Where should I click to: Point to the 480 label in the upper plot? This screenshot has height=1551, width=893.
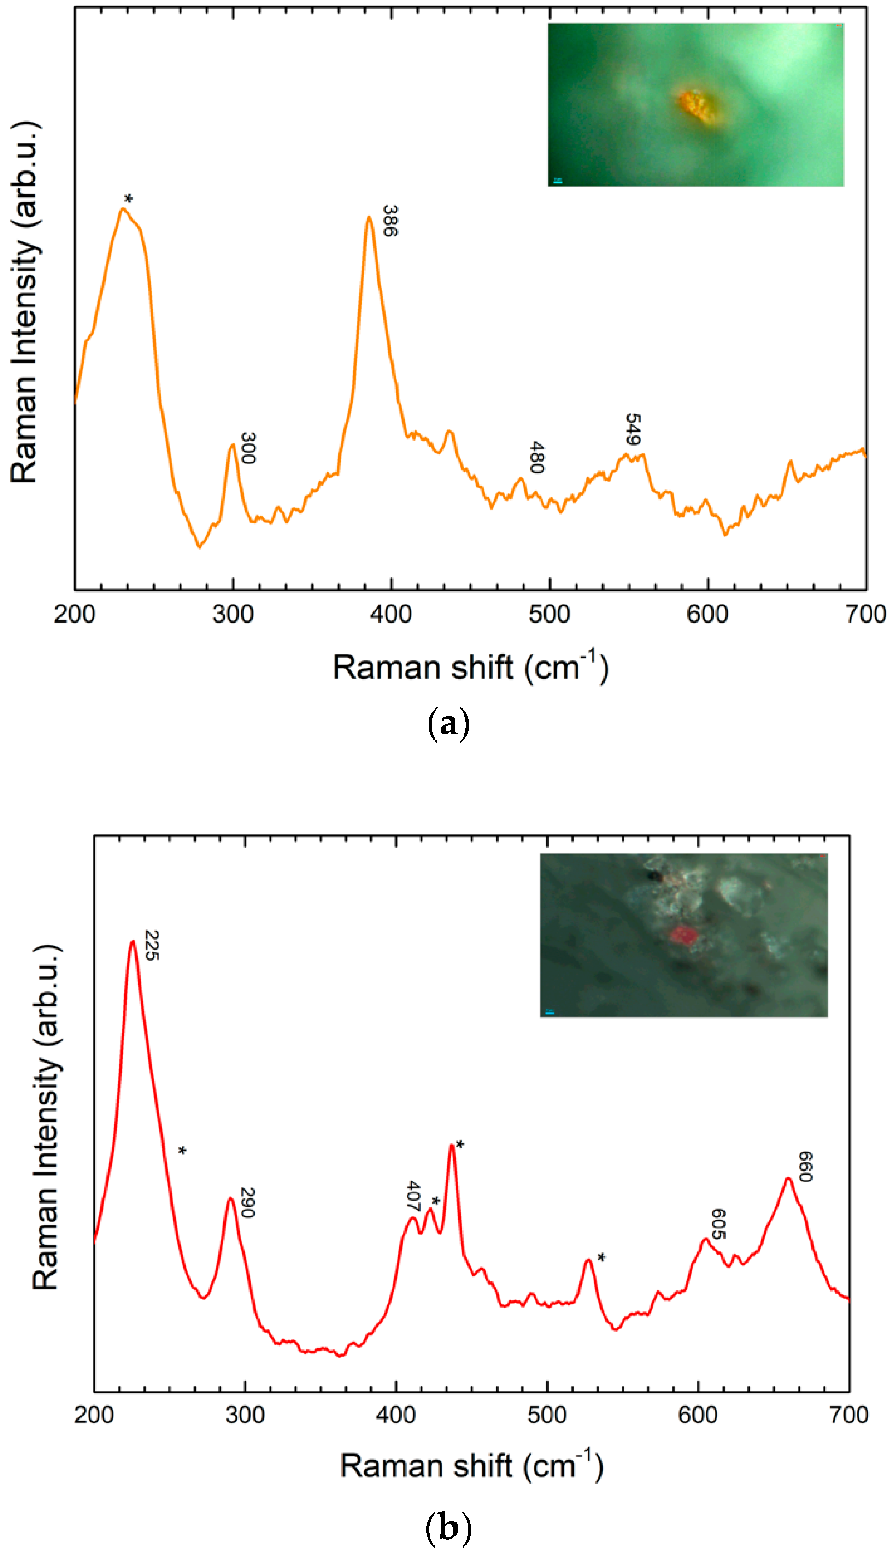click(x=537, y=457)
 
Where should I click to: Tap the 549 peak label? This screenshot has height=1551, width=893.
click(x=632, y=429)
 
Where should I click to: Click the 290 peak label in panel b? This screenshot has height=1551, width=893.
click(x=247, y=1203)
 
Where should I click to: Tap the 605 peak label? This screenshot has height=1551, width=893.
click(x=718, y=1223)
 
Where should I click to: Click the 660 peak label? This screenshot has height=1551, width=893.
click(x=805, y=1166)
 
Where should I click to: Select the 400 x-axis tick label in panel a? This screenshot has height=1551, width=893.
click(x=391, y=614)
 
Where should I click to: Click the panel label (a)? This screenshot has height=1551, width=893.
click(x=448, y=724)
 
